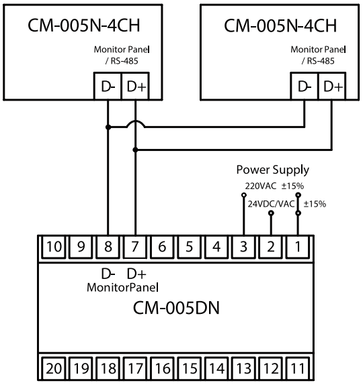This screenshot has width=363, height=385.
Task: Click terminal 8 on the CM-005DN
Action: tap(108, 247)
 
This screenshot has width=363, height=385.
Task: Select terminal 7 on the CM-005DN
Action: tap(135, 247)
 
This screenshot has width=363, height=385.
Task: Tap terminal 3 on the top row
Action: tap(243, 247)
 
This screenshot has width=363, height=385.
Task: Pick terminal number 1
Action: tap(298, 247)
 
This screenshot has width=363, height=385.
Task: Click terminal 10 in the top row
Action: tap(54, 247)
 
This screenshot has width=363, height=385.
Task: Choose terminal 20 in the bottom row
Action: tap(54, 368)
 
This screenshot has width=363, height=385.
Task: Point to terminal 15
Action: tap(190, 368)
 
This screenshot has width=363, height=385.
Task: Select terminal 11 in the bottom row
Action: tap(298, 368)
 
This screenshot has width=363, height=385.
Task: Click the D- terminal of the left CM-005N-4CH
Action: tap(108, 86)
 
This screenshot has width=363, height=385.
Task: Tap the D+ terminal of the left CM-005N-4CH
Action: tap(136, 86)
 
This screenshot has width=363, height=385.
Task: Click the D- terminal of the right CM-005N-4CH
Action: tap(305, 86)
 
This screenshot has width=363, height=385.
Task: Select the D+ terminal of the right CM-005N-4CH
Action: tap(332, 86)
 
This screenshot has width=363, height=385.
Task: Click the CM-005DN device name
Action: tap(176, 308)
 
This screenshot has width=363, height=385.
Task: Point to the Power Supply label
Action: tap(273, 170)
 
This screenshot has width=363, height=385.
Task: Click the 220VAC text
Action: tap(261, 186)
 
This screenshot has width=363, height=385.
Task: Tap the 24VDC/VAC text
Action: tap(271, 204)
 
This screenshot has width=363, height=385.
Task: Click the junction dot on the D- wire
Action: tap(108, 127)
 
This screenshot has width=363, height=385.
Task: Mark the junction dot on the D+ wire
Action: tap(135, 150)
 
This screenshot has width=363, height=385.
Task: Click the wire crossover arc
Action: tap(135, 121)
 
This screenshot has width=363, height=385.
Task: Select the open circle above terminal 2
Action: tap(271, 213)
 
